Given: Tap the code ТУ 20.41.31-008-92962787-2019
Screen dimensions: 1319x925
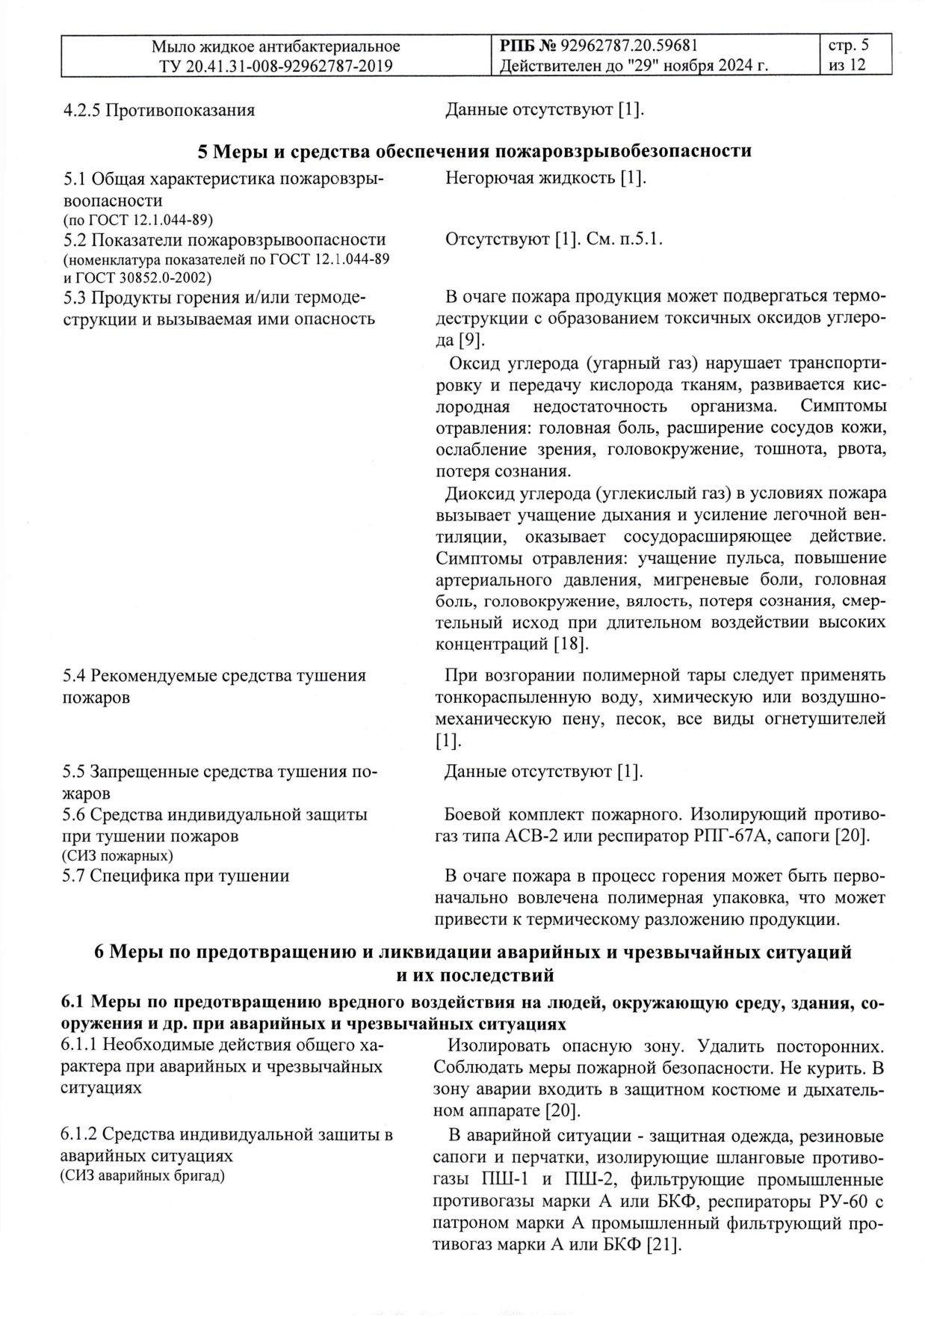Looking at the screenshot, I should click(x=276, y=66).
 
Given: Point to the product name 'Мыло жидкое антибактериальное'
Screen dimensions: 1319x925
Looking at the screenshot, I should click(x=276, y=46).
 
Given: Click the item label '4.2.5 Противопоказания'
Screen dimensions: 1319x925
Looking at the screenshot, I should click(x=158, y=111).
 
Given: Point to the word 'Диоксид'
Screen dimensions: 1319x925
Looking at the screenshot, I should click(x=478, y=494).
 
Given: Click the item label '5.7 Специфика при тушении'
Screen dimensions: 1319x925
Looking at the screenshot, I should click(x=176, y=876).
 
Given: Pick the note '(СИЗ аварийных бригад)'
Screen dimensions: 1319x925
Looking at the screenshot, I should click(x=143, y=1177).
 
